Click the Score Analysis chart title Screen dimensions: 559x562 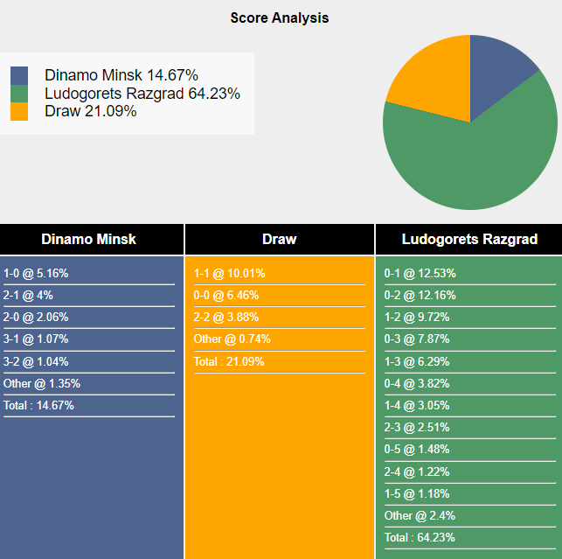click(x=280, y=17)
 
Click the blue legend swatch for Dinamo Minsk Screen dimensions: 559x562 click(x=19, y=75)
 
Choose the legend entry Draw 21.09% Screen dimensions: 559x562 click(x=91, y=111)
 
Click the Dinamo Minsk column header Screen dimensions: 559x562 click(x=88, y=239)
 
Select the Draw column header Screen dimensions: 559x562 click(x=279, y=239)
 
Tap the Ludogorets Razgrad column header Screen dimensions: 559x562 click(x=469, y=239)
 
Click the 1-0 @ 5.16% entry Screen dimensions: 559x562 click(x=36, y=273)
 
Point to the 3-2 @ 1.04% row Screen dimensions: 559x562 click(x=36, y=361)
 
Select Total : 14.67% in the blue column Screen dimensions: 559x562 click(x=38, y=405)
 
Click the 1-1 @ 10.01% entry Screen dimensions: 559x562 click(x=229, y=273)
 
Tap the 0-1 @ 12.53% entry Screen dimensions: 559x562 click(x=420, y=273)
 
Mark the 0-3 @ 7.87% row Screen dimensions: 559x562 click(x=417, y=339)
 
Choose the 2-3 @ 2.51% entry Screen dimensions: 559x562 click(x=417, y=427)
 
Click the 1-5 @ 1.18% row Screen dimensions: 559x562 click(x=417, y=493)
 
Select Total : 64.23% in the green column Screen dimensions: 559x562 click(x=420, y=537)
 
